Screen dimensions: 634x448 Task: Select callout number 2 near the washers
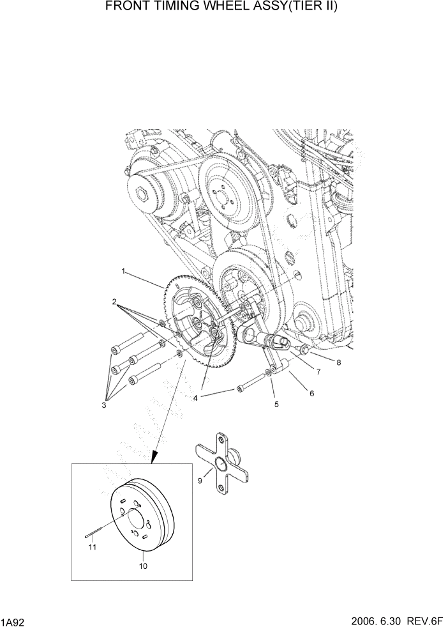tap(114, 300)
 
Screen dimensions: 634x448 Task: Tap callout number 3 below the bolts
tap(105, 404)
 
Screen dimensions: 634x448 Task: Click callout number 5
tap(276, 404)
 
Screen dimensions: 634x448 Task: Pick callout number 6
tap(311, 394)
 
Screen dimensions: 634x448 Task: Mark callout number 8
tap(340, 362)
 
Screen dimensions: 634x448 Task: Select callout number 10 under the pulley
tap(143, 566)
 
